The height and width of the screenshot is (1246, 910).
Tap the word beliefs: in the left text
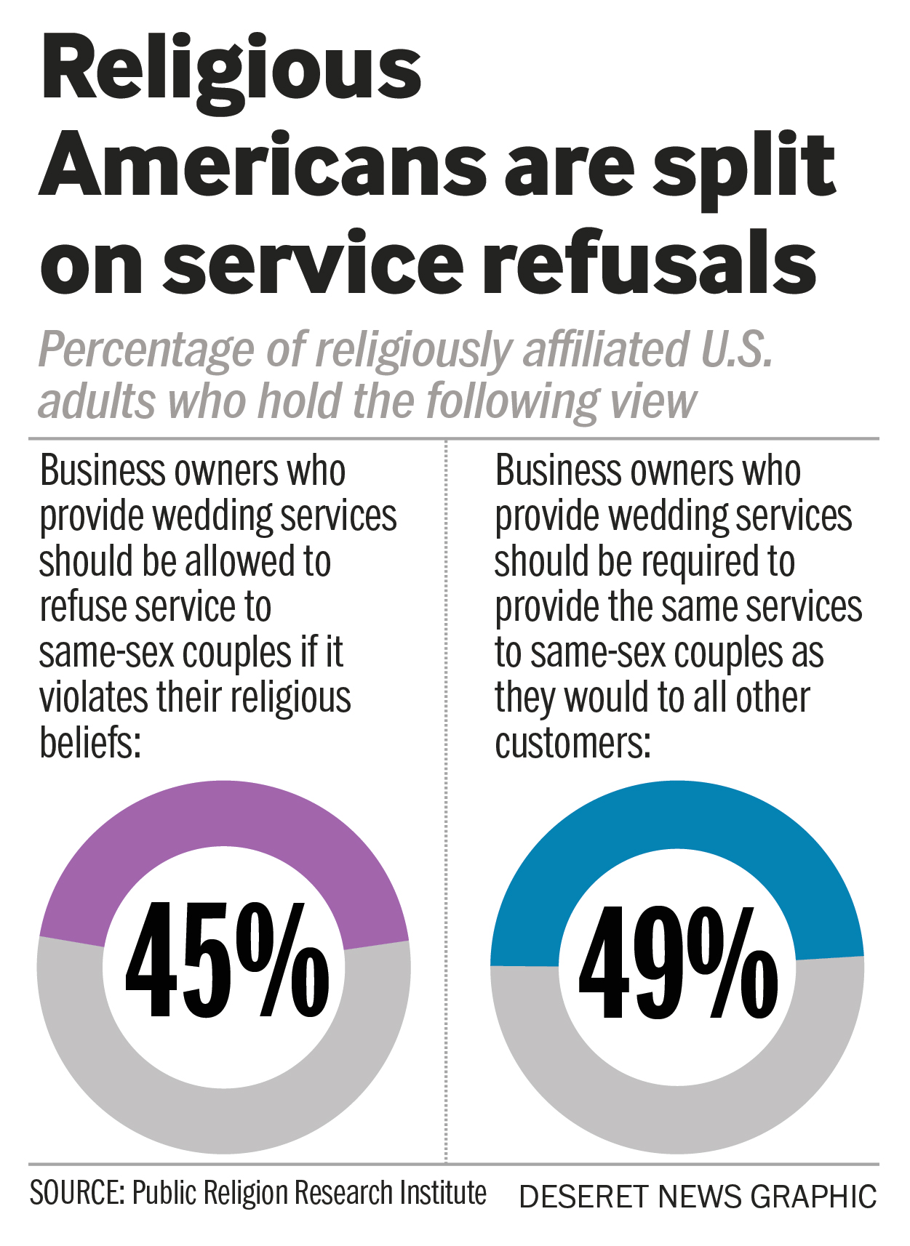90,743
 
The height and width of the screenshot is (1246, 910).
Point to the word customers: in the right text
573,743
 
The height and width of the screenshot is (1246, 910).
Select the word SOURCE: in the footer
77,1194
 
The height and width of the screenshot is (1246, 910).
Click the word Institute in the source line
447,1194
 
